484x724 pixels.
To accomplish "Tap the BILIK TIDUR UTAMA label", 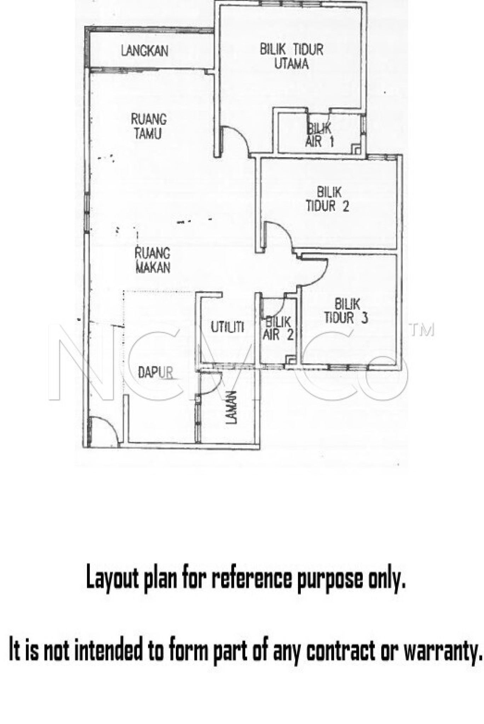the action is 292,56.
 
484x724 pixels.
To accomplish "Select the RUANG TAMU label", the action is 149,126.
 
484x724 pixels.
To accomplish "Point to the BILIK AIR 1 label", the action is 319,135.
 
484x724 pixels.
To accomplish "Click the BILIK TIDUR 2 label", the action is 328,199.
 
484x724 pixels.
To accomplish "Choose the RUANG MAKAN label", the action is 152,260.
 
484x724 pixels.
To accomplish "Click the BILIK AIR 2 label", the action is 278,329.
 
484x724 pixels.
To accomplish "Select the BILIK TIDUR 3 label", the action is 346,311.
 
